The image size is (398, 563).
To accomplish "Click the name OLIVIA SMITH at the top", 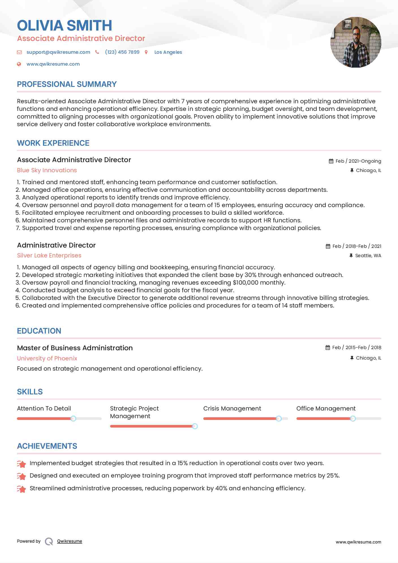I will [64, 25].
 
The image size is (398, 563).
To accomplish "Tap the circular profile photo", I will [356, 42].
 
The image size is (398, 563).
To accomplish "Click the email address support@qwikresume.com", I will [58, 52].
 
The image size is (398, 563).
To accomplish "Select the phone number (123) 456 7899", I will [122, 52].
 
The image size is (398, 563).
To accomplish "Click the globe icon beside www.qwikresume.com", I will [19, 64].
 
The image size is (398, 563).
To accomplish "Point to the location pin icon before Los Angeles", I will [146, 52].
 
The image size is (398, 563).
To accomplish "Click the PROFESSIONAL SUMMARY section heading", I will [67, 84].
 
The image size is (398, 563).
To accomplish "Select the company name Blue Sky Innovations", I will [47, 170].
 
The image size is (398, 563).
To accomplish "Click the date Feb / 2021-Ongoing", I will [358, 161].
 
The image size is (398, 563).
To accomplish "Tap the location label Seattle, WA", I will [368, 255].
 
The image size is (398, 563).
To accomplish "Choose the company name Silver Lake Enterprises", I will [49, 255].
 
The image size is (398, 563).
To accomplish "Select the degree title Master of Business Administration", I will [75, 348].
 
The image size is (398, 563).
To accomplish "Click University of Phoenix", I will [47, 358].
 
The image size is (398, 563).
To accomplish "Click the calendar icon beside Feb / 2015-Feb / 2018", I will [328, 347].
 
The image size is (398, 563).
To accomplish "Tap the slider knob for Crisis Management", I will [279, 418].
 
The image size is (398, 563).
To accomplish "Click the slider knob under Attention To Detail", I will [73, 418].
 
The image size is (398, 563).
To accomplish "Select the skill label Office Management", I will [326, 409].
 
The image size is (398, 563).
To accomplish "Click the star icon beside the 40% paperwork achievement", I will [21, 489].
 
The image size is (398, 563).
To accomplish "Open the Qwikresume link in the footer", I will [70, 541].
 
